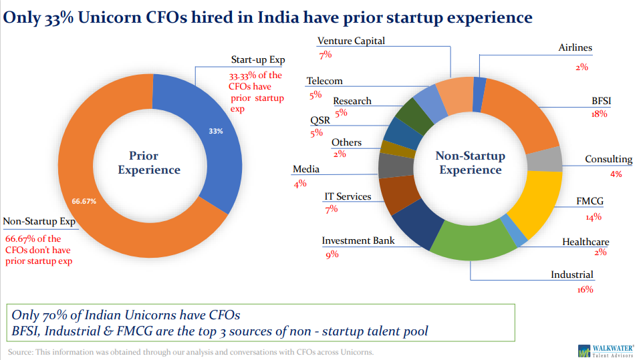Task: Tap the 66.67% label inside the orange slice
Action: pyautogui.click(x=84, y=200)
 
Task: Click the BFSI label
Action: pyautogui.click(x=601, y=101)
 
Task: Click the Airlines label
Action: pyautogui.click(x=575, y=48)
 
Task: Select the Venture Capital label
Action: pyautogui.click(x=351, y=41)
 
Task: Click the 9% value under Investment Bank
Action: pyautogui.click(x=332, y=254)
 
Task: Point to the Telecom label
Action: pyautogui.click(x=324, y=81)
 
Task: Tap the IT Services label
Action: pyautogui.click(x=348, y=196)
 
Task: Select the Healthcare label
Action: pyautogui.click(x=586, y=242)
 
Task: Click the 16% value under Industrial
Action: pyautogui.click(x=585, y=289)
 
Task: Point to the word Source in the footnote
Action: pyautogui.click(x=21, y=352)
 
